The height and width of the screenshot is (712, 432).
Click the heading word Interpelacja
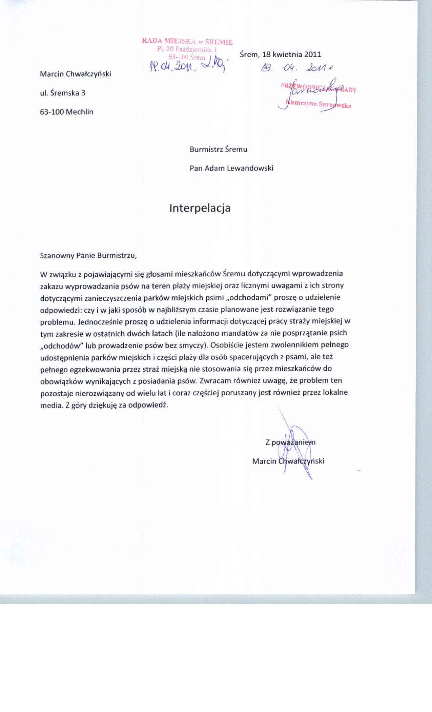pos(200,208)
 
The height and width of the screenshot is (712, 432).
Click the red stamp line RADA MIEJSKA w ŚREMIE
pos(187,42)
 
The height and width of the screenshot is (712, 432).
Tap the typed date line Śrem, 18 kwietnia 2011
pos(280,54)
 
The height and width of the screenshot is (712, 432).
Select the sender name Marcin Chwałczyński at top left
pos(76,74)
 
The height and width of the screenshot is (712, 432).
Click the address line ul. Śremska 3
pos(63,93)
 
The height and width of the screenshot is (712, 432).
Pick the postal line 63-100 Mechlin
pos(66,112)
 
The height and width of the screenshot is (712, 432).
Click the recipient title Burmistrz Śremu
pos(218,149)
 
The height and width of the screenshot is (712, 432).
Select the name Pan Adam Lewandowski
pos(231,168)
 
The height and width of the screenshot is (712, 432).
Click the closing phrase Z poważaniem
pos(290,442)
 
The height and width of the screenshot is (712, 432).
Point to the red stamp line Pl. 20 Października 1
pos(187,50)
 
